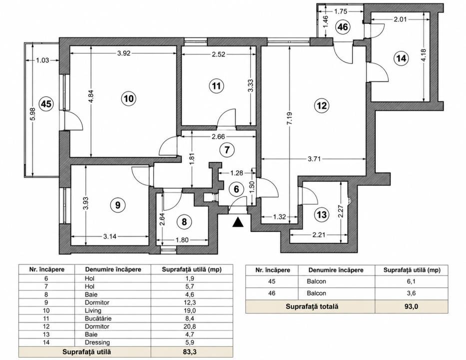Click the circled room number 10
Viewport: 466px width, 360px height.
[x=129, y=98]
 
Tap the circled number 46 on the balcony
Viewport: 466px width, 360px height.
[x=343, y=27]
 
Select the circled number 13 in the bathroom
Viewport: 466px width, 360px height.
[x=322, y=214]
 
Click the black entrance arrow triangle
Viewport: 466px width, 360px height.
[x=237, y=222]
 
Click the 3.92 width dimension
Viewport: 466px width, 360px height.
[x=124, y=53]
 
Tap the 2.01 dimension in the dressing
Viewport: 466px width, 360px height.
[x=400, y=19]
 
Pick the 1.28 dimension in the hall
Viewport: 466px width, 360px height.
[x=237, y=172]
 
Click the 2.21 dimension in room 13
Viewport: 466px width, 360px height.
[x=319, y=234]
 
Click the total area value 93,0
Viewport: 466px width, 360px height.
[x=411, y=306]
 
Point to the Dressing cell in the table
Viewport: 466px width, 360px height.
[x=97, y=342]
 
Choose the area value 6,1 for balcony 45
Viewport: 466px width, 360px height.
[x=411, y=281]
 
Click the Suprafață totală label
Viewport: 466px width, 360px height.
[x=312, y=306]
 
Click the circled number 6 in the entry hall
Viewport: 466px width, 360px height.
[x=236, y=189]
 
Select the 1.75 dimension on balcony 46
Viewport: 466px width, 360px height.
[x=341, y=11]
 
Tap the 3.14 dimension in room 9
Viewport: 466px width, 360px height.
[x=110, y=236]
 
